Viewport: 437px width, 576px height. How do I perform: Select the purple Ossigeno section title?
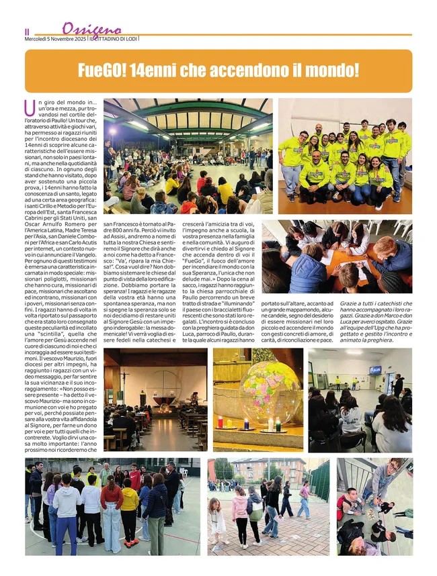(x=91, y=29)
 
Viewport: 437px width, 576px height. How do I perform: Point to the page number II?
(x=27, y=32)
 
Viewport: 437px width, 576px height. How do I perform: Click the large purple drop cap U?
(x=30, y=107)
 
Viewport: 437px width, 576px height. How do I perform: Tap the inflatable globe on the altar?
(x=270, y=392)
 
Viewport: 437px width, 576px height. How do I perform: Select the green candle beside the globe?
(x=278, y=424)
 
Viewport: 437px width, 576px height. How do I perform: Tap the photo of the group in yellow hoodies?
(x=345, y=156)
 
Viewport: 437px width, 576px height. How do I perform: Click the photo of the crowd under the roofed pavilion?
(x=188, y=156)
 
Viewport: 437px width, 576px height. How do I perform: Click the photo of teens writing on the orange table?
(x=336, y=256)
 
